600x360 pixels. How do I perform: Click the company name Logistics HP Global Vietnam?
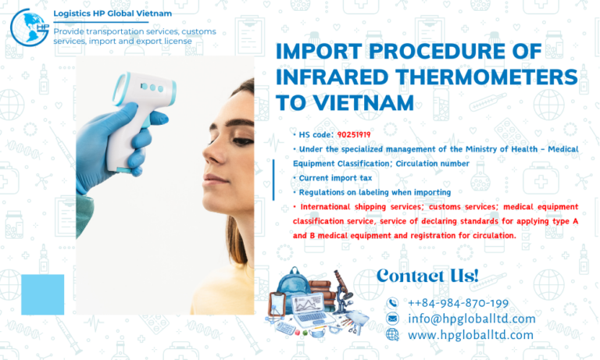coord(112,13)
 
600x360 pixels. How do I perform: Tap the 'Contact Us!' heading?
coord(427,275)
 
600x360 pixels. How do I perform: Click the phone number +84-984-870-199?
coord(458,303)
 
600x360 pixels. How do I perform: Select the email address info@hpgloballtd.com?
coord(471,319)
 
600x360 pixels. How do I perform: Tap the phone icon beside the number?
coord(392,303)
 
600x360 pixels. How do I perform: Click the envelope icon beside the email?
coord(392,319)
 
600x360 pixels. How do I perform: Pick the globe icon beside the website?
coord(392,334)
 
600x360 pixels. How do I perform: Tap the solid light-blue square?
coord(42,294)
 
